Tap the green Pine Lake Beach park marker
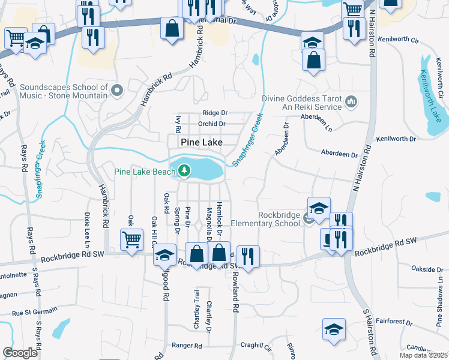[x=184, y=172]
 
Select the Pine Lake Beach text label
[x=144, y=172]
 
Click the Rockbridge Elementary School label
[x=279, y=220]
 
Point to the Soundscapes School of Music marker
[x=116, y=91]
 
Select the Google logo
[x=20, y=352]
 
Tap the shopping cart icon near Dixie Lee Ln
[x=131, y=240]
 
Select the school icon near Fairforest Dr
[x=334, y=329]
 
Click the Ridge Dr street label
[x=215, y=113]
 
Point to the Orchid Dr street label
[x=213, y=124]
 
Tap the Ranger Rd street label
[x=187, y=346]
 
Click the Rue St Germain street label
[x=34, y=311]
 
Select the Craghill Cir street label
[x=256, y=346]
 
